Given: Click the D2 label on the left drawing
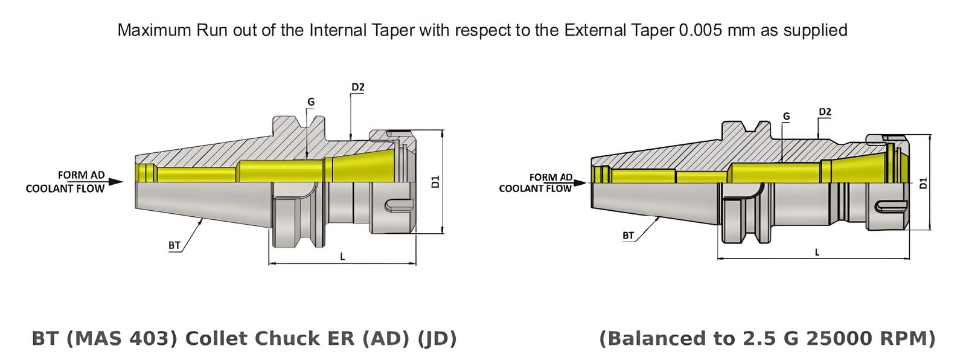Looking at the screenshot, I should [358, 87].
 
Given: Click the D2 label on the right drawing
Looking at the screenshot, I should [825, 112].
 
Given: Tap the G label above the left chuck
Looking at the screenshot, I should [311, 102].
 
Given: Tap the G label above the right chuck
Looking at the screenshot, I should [786, 117].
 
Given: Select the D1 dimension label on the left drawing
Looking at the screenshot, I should [436, 181].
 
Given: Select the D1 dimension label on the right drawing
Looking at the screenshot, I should [923, 182].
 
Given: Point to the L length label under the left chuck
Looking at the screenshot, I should [342, 257].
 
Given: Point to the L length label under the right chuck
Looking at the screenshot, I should [817, 252].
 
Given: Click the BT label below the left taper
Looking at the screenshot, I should [174, 245].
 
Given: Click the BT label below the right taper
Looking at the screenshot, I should [629, 236].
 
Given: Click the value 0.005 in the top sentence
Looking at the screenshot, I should [700, 30].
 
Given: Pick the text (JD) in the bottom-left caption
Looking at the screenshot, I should [437, 338].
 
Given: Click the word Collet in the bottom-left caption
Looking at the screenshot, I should [213, 338].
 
